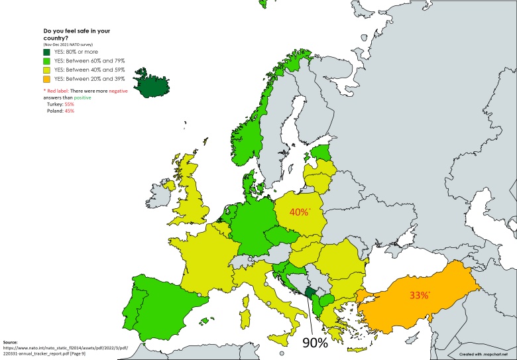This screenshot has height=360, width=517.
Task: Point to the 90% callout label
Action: tap(316, 342)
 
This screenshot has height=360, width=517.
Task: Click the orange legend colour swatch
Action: tap(47, 79)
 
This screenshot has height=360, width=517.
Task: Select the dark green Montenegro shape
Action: tap(310, 294)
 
